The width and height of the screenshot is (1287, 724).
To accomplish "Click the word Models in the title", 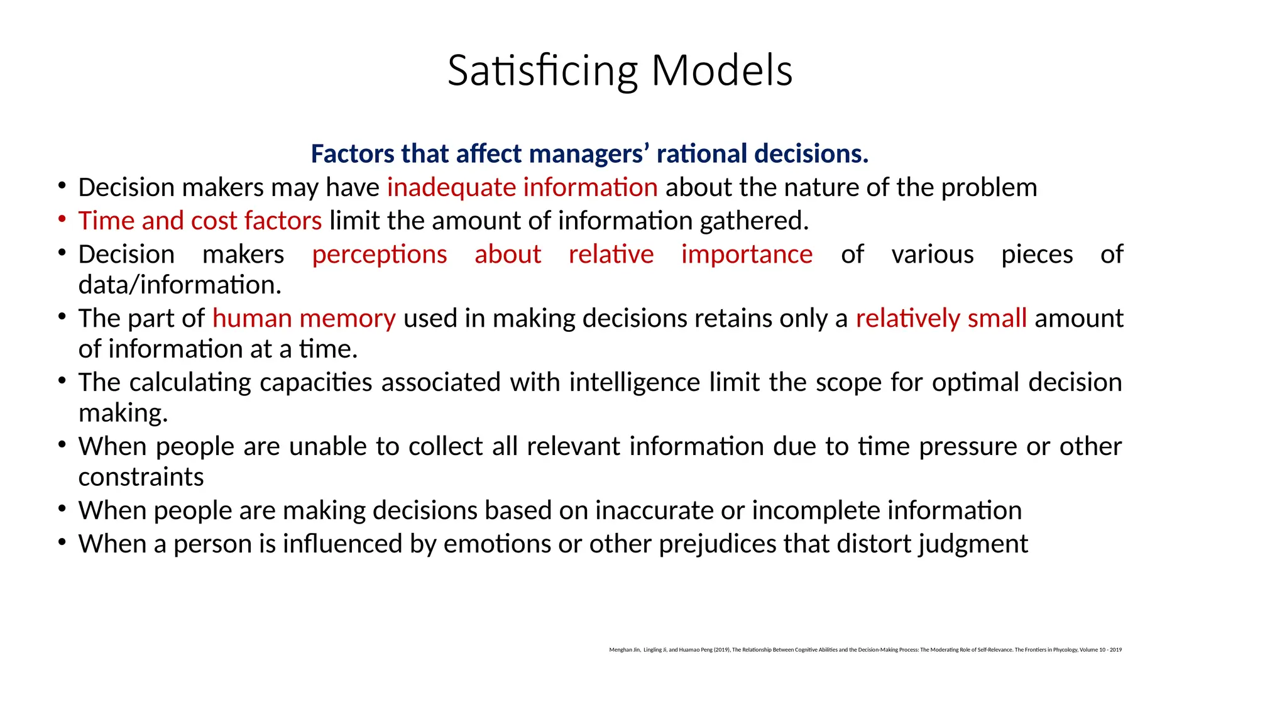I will (x=721, y=70).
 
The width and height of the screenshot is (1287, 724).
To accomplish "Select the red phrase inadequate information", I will (x=522, y=187).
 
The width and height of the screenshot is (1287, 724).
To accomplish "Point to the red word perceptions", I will (x=380, y=255).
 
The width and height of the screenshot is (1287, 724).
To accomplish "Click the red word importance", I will (x=747, y=255).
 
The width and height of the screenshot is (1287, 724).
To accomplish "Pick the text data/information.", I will (x=180, y=285).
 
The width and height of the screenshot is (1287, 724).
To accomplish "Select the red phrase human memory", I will (x=304, y=319).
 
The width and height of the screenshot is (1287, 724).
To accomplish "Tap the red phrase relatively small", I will (x=941, y=319).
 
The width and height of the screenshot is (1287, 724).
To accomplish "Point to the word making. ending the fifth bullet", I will (x=123, y=414).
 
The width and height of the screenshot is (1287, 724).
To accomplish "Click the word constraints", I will (x=141, y=478).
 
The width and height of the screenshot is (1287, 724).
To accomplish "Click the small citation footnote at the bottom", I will (x=865, y=650).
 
